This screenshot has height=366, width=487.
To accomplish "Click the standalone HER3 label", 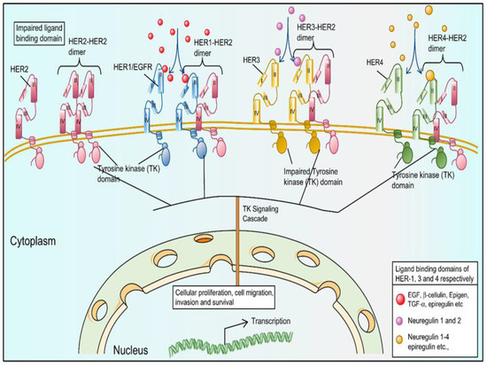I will [x=251, y=59].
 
